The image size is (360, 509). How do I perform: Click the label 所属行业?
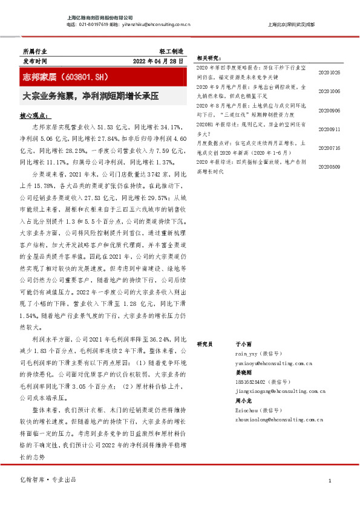33,52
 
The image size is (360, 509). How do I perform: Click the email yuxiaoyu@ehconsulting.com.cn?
273,364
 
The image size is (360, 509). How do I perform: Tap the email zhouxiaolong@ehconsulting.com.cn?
279,418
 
